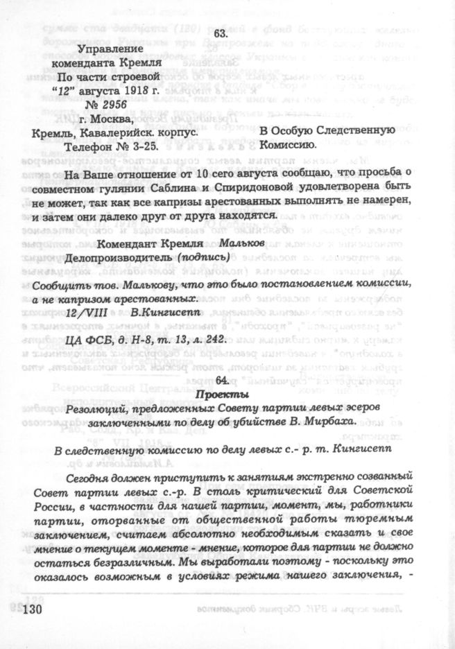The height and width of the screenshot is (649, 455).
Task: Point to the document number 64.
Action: pyautogui.click(x=222, y=381)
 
